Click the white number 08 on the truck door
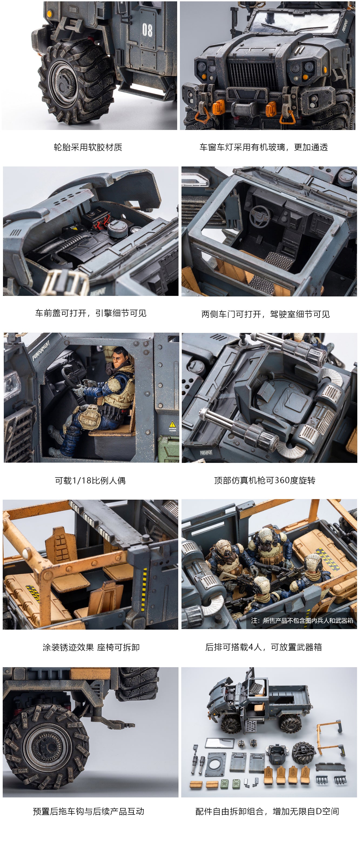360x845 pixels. click(x=147, y=30)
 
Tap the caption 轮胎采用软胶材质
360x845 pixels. click(x=88, y=147)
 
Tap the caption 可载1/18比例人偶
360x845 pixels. click(x=90, y=480)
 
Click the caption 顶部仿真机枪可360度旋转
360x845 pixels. click(x=265, y=480)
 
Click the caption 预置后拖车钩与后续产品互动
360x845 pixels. click(x=89, y=811)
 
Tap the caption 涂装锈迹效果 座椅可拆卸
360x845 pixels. click(x=91, y=647)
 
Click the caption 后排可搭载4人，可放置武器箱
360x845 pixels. click(x=264, y=647)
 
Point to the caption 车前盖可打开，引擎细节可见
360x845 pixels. click(x=91, y=313)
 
